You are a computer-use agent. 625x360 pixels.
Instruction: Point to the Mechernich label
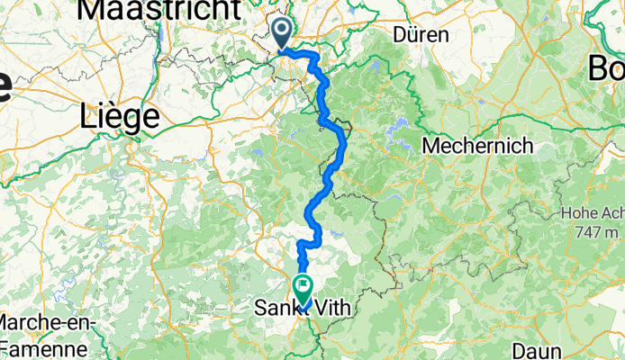point(477,145)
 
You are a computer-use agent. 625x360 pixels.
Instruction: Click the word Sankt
point(274,309)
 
